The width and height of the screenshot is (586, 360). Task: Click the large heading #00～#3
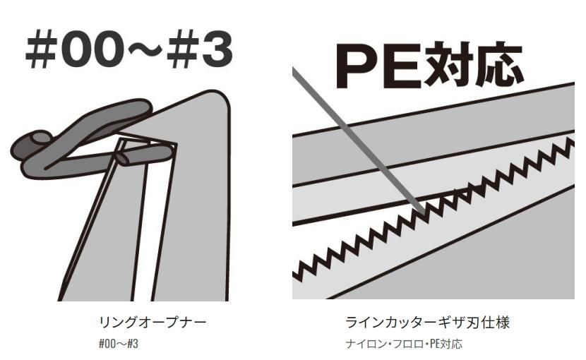pyautogui.click(x=129, y=50)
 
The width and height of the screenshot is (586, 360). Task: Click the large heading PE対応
pyautogui.click(x=429, y=66)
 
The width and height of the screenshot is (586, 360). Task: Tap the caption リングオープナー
pyautogui.click(x=152, y=322)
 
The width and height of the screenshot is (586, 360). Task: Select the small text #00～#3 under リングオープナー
pyautogui.click(x=119, y=344)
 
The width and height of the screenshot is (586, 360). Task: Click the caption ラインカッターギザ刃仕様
pyautogui.click(x=427, y=323)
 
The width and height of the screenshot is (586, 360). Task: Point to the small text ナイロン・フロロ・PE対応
pyautogui.click(x=404, y=344)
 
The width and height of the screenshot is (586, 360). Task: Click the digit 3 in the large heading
pyautogui.click(x=216, y=51)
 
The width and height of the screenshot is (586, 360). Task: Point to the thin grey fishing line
pyautogui.click(x=359, y=141)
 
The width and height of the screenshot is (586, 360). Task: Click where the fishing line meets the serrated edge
pyautogui.click(x=422, y=212)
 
